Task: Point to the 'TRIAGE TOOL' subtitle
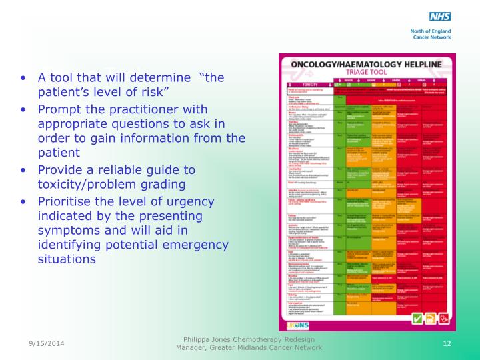click(x=366, y=74)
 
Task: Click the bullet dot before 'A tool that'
click(x=24, y=78)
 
